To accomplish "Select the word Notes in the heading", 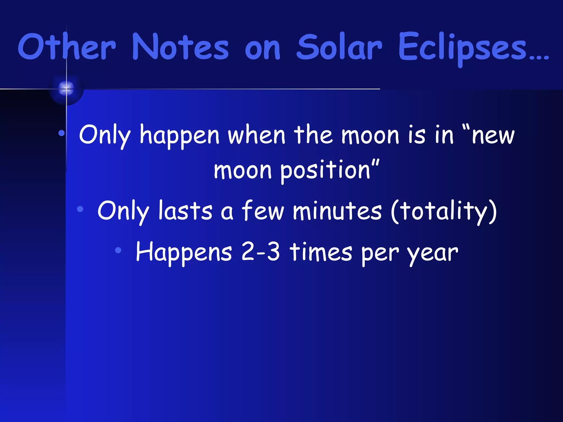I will (x=180, y=47).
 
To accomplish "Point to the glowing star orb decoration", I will (x=66, y=88).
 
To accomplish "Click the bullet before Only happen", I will (x=62, y=134).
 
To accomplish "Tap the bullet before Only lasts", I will (x=80, y=209).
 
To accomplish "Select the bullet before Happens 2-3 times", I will (x=118, y=250).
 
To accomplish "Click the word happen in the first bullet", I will (x=180, y=135).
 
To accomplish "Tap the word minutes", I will (x=337, y=211).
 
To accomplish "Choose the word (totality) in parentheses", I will (x=444, y=211).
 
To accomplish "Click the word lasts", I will (x=185, y=211).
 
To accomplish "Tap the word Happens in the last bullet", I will (x=184, y=252).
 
